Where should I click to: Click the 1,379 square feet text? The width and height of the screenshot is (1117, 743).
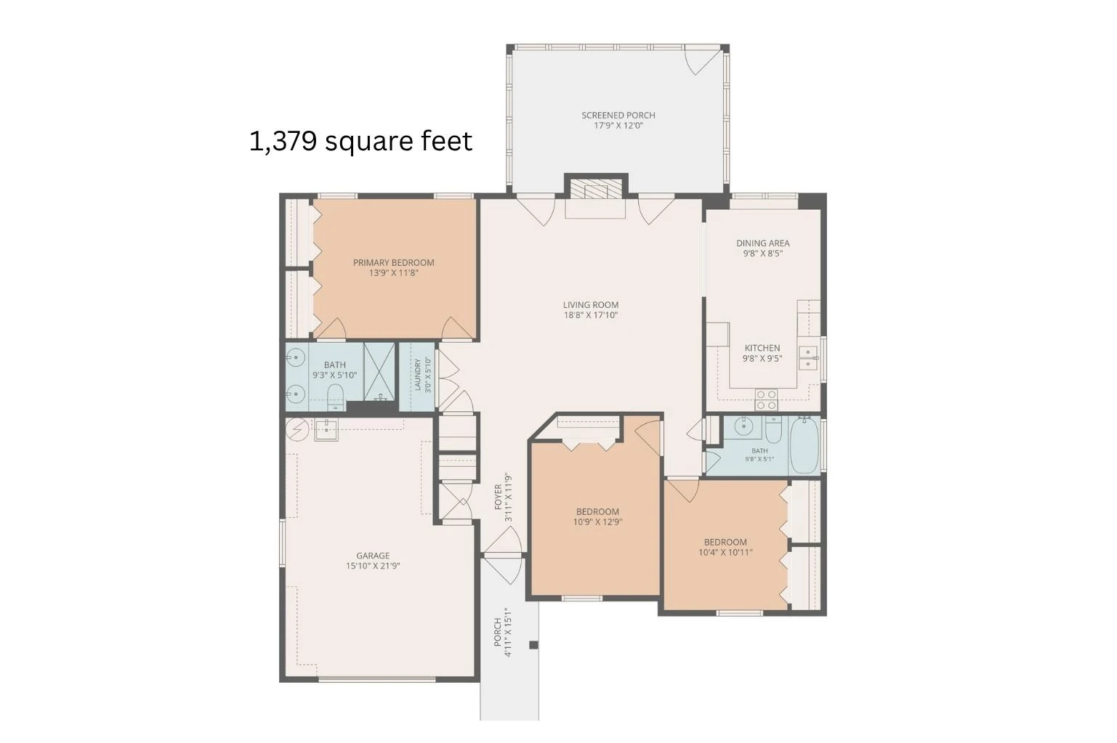point(360,141)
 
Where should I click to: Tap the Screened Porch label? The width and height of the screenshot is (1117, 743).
point(618,115)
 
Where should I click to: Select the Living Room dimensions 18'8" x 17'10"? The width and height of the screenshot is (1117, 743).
point(591,315)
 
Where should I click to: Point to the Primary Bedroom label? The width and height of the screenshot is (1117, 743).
point(393,263)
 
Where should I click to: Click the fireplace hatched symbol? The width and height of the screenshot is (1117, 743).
point(596,190)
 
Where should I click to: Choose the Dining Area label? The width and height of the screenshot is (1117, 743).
point(763,243)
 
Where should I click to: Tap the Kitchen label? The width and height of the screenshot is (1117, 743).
point(762,348)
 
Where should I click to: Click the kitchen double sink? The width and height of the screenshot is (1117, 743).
point(808,358)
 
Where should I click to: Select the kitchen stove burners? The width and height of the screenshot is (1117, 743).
point(767,399)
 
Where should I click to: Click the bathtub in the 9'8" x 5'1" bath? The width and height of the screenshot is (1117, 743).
point(804,445)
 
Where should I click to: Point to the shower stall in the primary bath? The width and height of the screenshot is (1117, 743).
point(379,372)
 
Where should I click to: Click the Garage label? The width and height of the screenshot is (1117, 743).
point(373,555)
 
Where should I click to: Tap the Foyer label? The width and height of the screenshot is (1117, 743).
point(498,497)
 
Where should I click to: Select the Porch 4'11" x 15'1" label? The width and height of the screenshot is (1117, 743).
point(503,632)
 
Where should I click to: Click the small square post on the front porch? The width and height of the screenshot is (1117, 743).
point(533,645)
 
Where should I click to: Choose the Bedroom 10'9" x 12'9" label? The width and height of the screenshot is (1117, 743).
point(597,517)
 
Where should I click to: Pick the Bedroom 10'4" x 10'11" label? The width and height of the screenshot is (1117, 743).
point(725,547)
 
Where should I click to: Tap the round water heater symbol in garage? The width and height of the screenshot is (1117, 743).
point(297,428)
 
